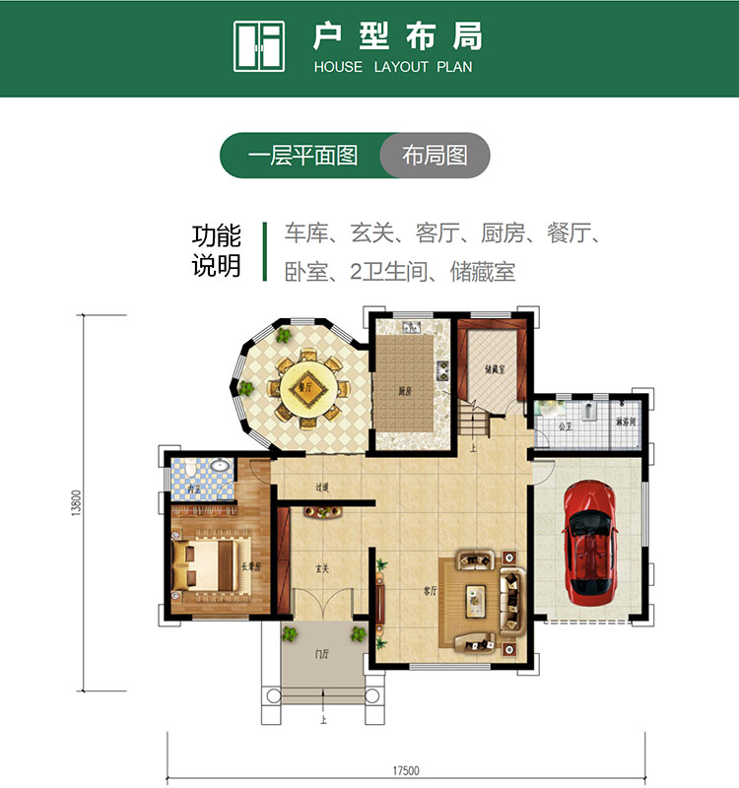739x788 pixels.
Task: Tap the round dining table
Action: (x=306, y=387)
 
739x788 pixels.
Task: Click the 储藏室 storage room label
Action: (x=495, y=370)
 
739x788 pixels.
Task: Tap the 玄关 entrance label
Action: (x=321, y=568)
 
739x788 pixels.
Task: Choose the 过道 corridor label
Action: (x=322, y=487)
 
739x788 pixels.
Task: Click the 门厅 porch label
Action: (x=322, y=654)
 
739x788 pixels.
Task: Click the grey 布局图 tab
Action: (x=435, y=156)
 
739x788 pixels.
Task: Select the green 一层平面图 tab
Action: (x=302, y=156)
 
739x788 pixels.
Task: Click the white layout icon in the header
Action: (x=258, y=46)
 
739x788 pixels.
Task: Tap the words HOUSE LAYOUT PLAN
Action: (x=393, y=67)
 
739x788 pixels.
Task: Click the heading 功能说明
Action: (x=217, y=251)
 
